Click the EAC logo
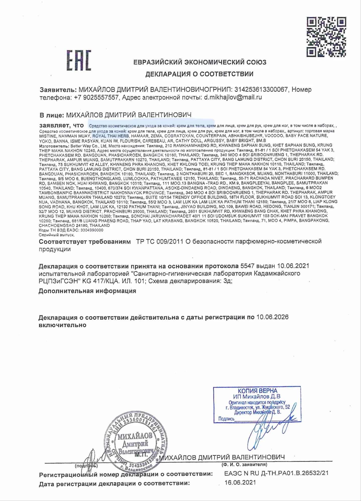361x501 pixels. click(79, 60)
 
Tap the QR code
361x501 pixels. click(326, 37)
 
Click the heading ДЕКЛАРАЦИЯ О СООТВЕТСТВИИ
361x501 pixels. click(199, 74)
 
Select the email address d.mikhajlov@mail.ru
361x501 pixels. click(233, 97)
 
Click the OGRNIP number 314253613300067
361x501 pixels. click(261, 89)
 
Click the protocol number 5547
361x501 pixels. click(248, 266)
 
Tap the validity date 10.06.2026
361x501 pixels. click(272, 317)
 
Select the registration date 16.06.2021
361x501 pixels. click(240, 482)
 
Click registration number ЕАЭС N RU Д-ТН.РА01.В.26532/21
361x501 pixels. click(276, 473)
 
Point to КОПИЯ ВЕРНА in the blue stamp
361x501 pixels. click(257, 391)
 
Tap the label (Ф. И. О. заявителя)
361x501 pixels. click(244, 465)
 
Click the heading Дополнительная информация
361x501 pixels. click(87, 291)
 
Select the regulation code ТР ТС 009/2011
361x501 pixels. click(160, 241)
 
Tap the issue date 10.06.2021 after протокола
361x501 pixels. click(293, 266)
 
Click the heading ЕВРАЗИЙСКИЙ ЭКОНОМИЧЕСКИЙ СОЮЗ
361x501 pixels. click(200, 62)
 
